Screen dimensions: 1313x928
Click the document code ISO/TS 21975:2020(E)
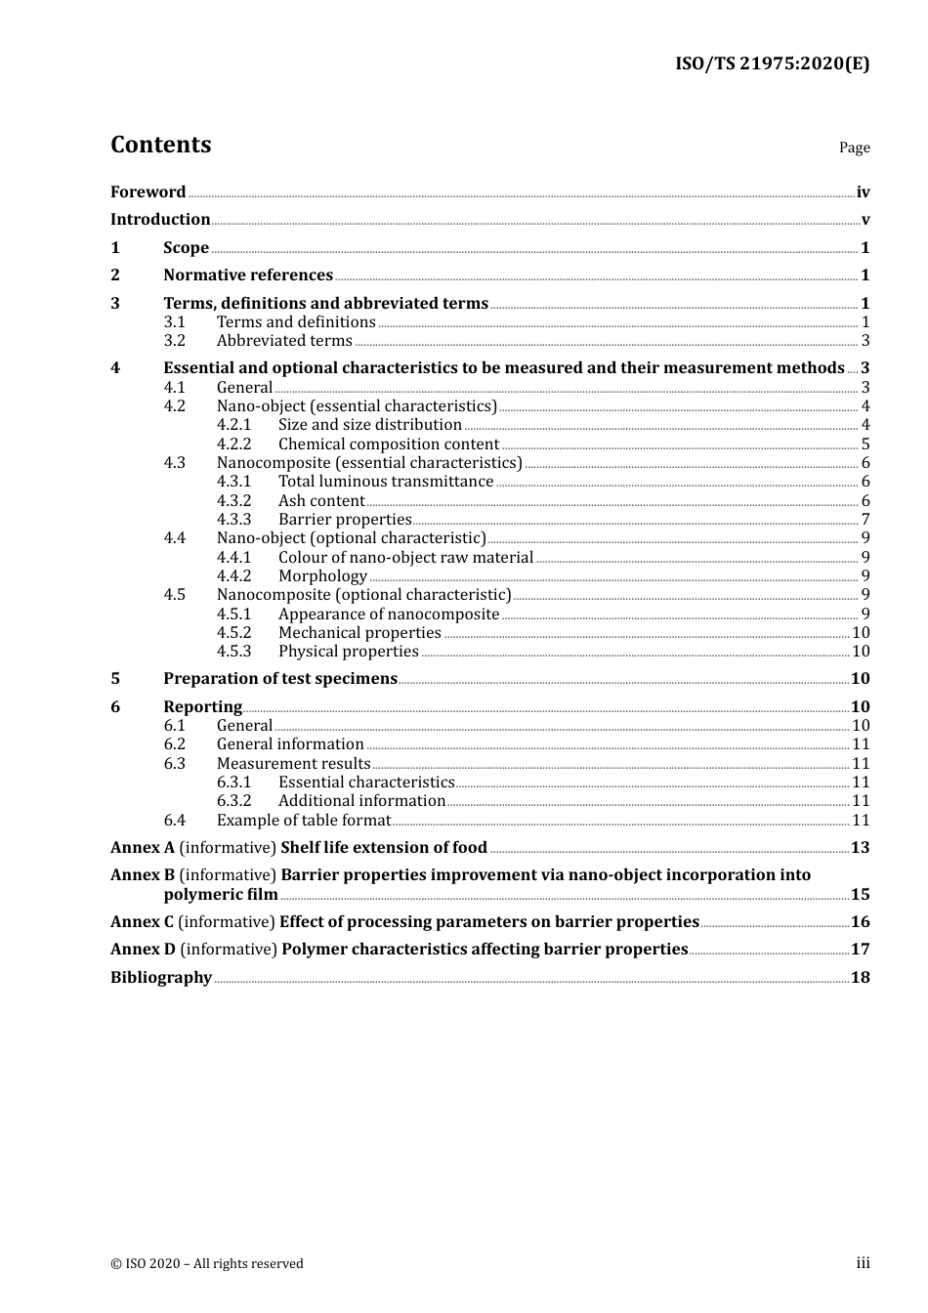click(x=772, y=64)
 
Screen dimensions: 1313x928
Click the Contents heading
click(x=160, y=145)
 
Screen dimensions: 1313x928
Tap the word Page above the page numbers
click(x=854, y=148)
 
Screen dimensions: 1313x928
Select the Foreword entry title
click(x=148, y=192)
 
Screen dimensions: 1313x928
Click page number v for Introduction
click(x=865, y=220)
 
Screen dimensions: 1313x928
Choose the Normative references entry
click(x=248, y=275)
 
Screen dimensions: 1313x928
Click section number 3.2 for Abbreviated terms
click(x=174, y=341)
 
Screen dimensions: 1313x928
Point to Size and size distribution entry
click(x=369, y=425)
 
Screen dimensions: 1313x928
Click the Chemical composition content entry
click(x=388, y=445)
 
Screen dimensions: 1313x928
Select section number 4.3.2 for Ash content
click(x=233, y=501)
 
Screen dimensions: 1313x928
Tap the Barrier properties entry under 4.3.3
click(x=345, y=520)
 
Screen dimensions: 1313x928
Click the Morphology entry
click(x=322, y=576)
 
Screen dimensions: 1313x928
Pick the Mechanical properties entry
click(x=359, y=633)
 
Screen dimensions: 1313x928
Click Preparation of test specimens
click(x=280, y=679)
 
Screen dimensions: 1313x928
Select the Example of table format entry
click(x=303, y=821)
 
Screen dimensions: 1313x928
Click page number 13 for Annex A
click(x=860, y=848)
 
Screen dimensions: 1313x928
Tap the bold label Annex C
click(x=142, y=922)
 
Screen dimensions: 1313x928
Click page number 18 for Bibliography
click(x=860, y=978)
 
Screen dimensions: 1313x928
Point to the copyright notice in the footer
click(x=207, y=1264)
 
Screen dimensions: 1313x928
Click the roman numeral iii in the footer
click(x=863, y=1263)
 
